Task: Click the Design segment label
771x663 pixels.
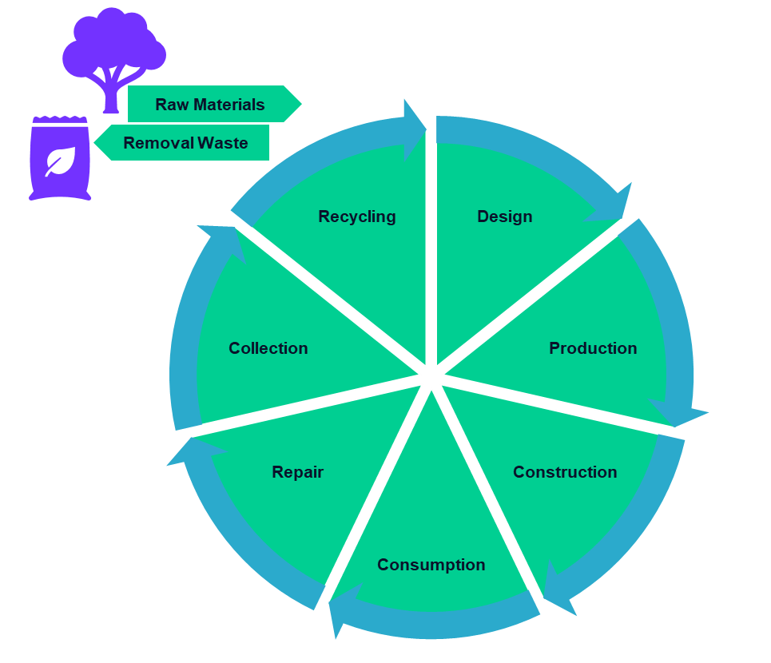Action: [x=504, y=216]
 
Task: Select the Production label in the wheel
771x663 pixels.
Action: [x=593, y=348]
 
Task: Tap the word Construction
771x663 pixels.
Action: [x=565, y=472]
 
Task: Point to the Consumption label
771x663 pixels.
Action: [x=431, y=565]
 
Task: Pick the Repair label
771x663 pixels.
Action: [x=297, y=472]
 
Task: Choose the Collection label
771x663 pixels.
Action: [x=268, y=348]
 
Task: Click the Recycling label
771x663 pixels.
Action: [x=357, y=216]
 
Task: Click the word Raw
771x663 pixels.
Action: [x=169, y=105]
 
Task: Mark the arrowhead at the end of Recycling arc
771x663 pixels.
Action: [x=415, y=127]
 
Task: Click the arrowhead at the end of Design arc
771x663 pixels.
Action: [x=614, y=206]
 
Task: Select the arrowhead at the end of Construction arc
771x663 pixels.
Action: [x=560, y=591]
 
